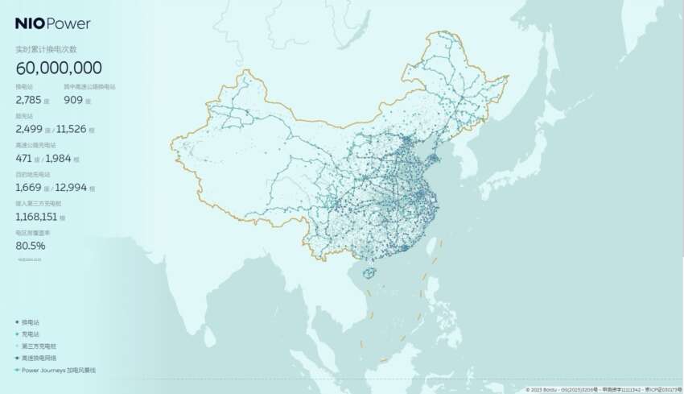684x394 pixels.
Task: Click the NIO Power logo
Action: pyautogui.click(x=53, y=23)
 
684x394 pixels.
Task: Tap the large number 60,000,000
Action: pyautogui.click(x=58, y=68)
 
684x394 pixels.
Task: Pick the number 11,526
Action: pyautogui.click(x=73, y=130)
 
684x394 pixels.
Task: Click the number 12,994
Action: pyautogui.click(x=73, y=188)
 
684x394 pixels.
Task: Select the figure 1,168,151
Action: pyautogui.click(x=40, y=217)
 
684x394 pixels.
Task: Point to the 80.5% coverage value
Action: pyautogui.click(x=31, y=245)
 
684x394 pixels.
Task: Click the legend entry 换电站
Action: pyautogui.click(x=31, y=321)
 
